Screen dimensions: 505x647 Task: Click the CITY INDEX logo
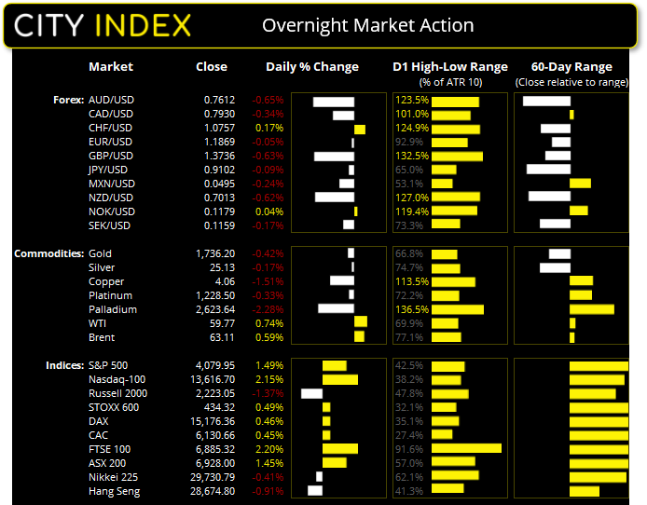[103, 24]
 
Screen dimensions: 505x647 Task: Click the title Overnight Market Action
[367, 25]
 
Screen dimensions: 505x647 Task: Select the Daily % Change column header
[311, 67]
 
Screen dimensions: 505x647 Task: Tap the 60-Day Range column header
[571, 67]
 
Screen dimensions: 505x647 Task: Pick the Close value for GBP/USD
[220, 156]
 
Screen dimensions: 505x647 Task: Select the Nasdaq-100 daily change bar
[339, 380]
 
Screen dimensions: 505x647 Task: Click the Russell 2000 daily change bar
[312, 394]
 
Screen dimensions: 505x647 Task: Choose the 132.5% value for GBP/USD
[412, 156]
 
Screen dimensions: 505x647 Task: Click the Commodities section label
[47, 253]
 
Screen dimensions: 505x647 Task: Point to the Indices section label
[63, 365]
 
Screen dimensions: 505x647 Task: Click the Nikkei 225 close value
[214, 477]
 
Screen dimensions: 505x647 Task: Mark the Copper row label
[106, 281]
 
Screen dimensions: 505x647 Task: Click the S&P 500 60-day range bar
[599, 366]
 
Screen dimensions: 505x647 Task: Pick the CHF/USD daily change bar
[360, 129]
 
